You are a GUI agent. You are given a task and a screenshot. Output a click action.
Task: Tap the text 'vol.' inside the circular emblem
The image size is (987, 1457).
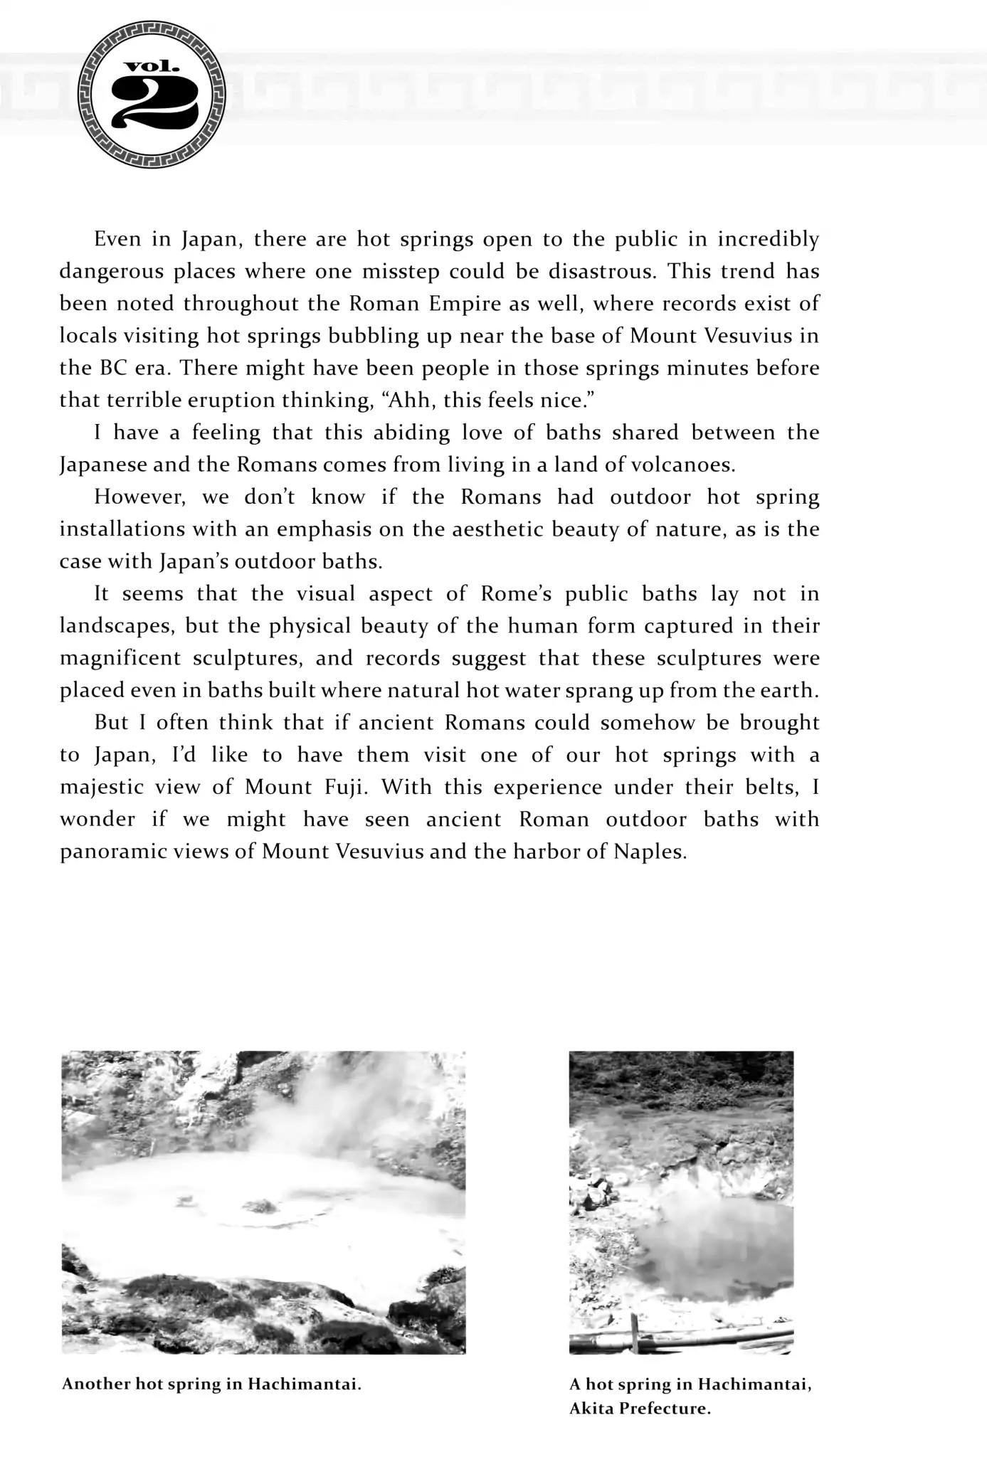[152, 68]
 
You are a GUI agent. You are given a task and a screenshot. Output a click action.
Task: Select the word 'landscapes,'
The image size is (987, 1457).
[117, 626]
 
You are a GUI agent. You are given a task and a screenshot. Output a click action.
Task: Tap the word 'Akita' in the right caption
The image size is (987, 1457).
[591, 1409]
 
